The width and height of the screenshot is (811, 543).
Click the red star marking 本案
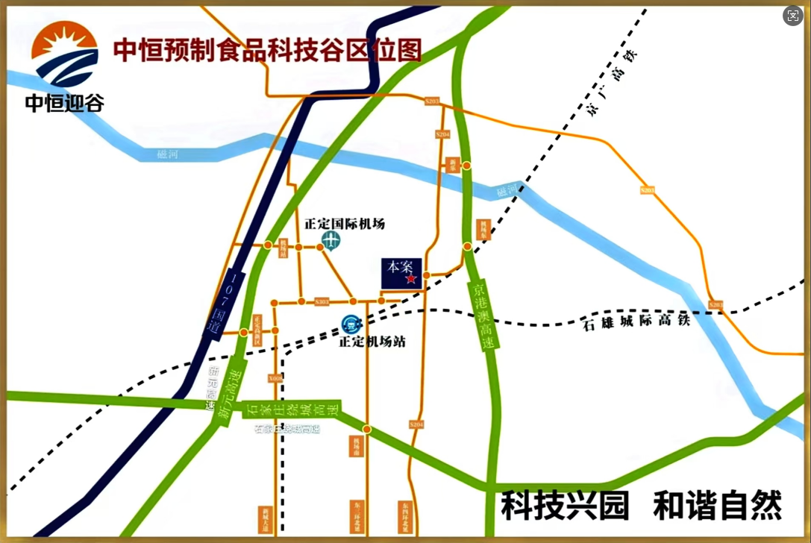[411, 278]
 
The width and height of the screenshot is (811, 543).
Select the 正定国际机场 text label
[345, 224]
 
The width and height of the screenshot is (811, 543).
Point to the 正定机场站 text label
[372, 342]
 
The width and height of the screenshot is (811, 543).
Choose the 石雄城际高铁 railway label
[635, 322]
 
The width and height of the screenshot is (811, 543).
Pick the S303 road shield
[322, 302]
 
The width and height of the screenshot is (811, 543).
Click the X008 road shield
[275, 378]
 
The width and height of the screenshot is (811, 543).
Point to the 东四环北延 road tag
[405, 515]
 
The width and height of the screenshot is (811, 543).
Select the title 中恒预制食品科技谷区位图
[267, 50]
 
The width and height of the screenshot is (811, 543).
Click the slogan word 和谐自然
[717, 505]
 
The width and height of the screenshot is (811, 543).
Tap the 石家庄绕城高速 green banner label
[292, 409]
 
